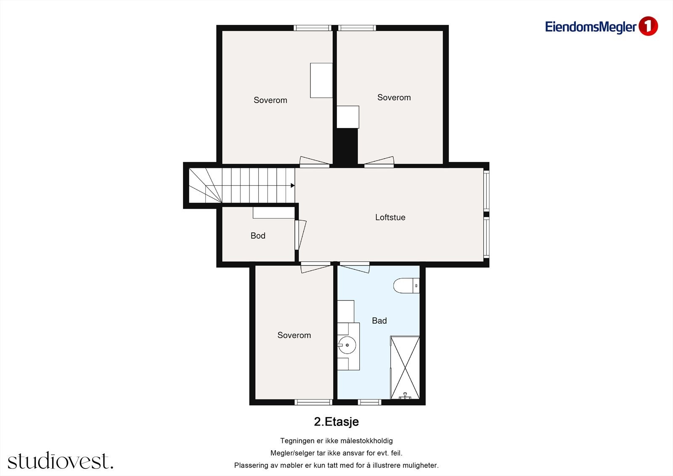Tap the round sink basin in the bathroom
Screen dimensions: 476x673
pyautogui.click(x=347, y=345)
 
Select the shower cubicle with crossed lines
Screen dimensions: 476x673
pyautogui.click(x=405, y=367)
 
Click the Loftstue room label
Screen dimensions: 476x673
pyautogui.click(x=390, y=218)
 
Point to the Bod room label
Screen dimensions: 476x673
pyautogui.click(x=258, y=236)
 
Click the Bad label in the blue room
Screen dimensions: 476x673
pyautogui.click(x=379, y=321)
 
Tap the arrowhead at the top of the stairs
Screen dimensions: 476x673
pyautogui.click(x=292, y=186)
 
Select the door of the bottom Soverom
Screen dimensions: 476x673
pyautogui.click(x=316, y=267)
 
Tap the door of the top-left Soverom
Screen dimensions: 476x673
pyautogui.click(x=315, y=161)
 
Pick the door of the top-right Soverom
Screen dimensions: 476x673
pyautogui.click(x=379, y=161)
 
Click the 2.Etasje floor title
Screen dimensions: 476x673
pyautogui.click(x=336, y=422)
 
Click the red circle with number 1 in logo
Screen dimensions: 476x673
pyautogui.click(x=648, y=27)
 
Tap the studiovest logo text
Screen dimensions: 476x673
pyautogui.click(x=60, y=461)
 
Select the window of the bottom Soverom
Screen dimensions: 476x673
pyautogui.click(x=313, y=402)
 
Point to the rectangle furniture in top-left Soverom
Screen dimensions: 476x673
pyautogui.click(x=321, y=80)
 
